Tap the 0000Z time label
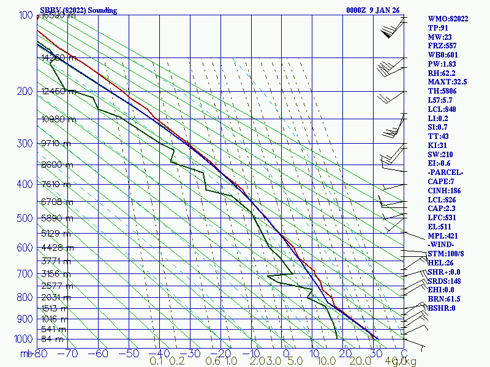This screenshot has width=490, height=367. (357, 10)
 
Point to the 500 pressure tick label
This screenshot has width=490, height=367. (24, 218)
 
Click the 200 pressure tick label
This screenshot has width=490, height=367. (24, 92)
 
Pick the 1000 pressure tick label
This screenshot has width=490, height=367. (21, 339)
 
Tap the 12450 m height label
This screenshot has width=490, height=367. (58, 92)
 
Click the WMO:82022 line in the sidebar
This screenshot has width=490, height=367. (448, 19)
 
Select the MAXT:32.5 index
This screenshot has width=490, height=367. (447, 82)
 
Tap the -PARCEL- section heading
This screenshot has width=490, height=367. (445, 172)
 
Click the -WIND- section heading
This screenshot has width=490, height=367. (442, 245)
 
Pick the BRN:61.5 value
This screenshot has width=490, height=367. (444, 299)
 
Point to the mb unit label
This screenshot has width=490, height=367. (26, 353)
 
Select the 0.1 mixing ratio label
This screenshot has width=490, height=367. (157, 361)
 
